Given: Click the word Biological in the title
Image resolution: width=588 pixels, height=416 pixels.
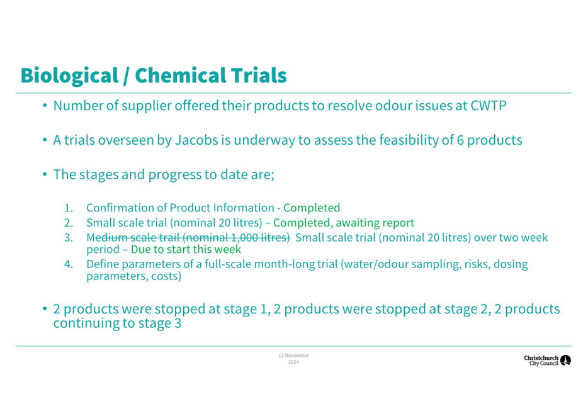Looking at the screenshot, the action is coord(69,76).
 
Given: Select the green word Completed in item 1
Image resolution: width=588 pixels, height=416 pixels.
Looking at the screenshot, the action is coord(312,208).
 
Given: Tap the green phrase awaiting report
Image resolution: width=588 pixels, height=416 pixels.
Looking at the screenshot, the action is coord(375,223).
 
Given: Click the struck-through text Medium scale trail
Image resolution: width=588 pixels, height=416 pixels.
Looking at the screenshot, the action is coord(134,238).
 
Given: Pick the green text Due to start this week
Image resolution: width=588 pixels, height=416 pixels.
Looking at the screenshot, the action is coord(186,249).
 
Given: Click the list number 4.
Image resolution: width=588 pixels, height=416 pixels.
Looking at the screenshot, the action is coord(68,264).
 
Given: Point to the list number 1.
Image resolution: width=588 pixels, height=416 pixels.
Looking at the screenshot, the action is coord(68,208).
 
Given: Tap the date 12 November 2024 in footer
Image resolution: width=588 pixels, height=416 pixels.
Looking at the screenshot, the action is coord(293,359).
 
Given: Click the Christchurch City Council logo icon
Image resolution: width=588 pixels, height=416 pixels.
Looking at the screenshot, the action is coord(565,361).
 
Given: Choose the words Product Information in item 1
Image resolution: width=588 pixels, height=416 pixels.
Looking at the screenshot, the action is coord(222,208).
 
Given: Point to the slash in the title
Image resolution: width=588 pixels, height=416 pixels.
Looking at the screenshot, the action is coord(127,76).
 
